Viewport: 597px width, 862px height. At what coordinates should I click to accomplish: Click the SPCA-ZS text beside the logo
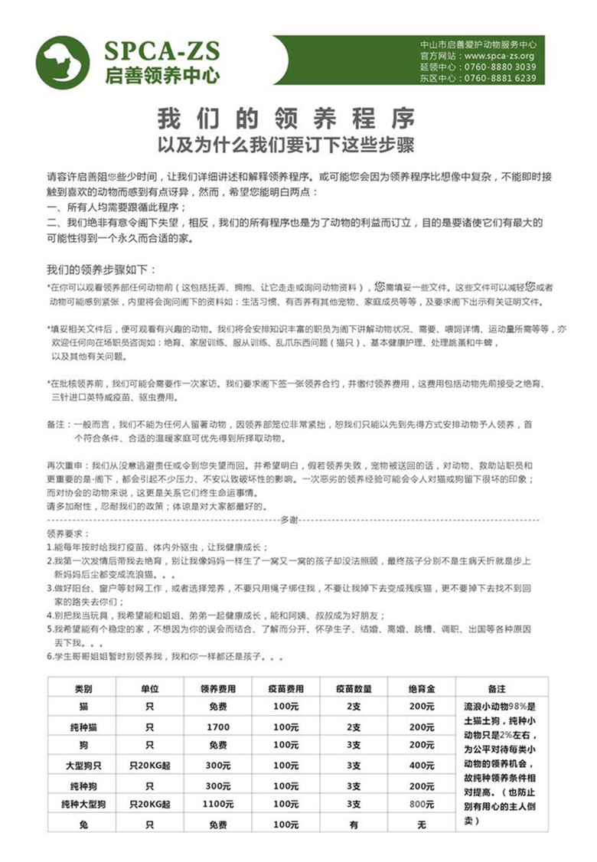[x=163, y=51]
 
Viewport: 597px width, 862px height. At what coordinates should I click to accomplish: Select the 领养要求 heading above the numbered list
[x=68, y=533]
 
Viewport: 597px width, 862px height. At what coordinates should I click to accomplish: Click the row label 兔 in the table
[x=83, y=824]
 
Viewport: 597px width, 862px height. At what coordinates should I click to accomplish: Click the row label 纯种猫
[x=83, y=726]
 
